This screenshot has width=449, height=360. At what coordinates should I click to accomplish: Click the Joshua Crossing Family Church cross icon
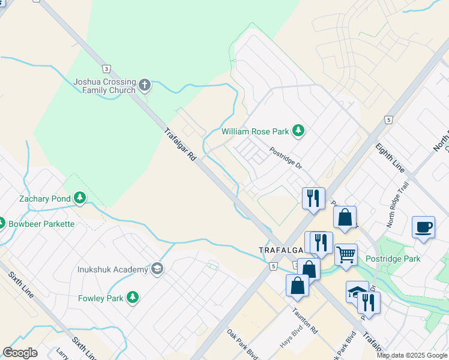point(145,85)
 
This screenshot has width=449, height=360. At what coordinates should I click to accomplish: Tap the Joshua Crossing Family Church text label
point(104,86)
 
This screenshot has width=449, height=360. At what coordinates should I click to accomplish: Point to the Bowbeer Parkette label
point(41,224)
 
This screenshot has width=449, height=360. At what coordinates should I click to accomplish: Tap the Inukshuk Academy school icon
point(157,269)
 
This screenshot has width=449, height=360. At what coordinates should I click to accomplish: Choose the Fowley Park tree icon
point(132,298)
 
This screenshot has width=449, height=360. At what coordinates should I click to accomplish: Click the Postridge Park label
point(393,259)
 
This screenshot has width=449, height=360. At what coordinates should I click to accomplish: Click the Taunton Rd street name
point(305,322)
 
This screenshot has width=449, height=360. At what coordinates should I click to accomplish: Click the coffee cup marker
point(424,227)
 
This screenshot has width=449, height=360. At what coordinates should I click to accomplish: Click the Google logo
point(20,352)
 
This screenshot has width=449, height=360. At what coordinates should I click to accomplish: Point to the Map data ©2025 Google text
point(412,355)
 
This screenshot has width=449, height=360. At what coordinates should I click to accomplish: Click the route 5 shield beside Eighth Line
point(389,120)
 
